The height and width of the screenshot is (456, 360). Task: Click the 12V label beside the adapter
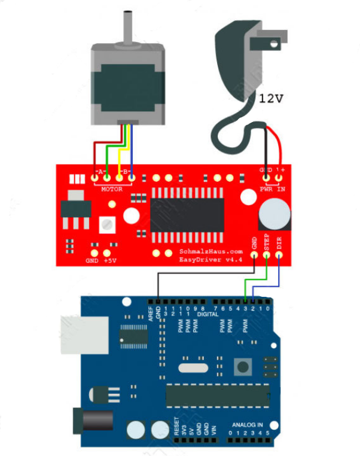point(271,98)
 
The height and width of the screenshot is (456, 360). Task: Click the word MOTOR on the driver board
point(111,189)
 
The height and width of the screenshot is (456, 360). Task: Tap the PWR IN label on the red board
point(272,189)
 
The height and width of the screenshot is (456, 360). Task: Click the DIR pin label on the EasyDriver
point(279,242)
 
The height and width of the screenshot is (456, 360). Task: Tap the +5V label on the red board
point(109,261)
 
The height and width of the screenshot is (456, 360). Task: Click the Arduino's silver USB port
point(84,332)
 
